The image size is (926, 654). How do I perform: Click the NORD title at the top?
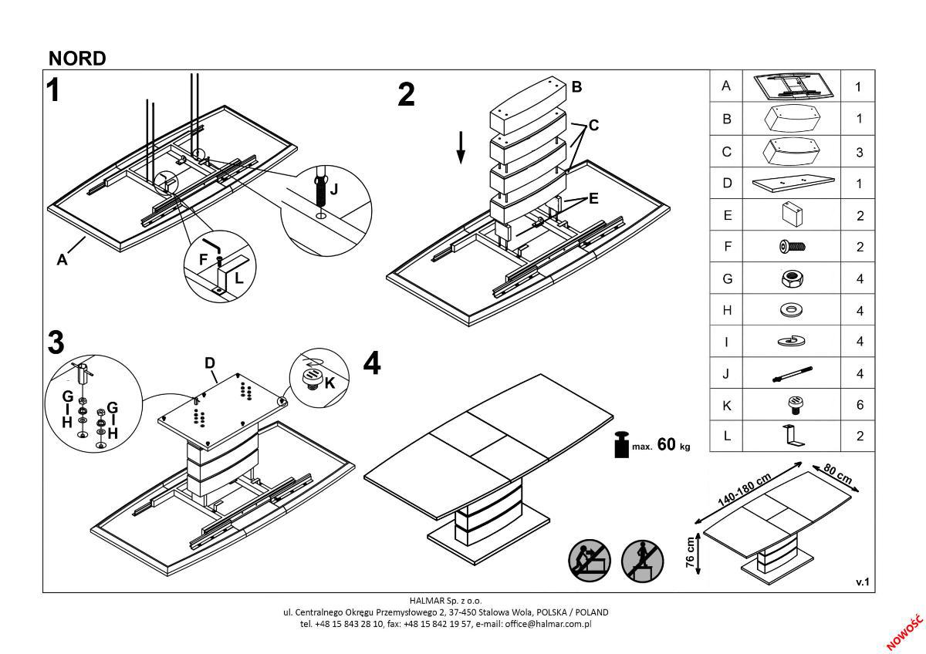pyautogui.click(x=77, y=59)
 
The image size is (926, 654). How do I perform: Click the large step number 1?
pyautogui.click(x=53, y=90)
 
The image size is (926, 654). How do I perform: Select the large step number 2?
pyautogui.click(x=406, y=95)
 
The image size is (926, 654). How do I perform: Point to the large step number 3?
pyautogui.click(x=56, y=343)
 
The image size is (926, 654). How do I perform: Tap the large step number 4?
pyautogui.click(x=372, y=363)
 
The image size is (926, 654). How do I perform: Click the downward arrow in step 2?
pyautogui.click(x=461, y=147)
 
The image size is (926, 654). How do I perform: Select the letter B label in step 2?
pyautogui.click(x=576, y=87)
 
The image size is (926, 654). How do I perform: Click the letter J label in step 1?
pyautogui.click(x=333, y=188)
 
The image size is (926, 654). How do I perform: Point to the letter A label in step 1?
pyautogui.click(x=62, y=260)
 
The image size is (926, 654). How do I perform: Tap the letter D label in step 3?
pyautogui.click(x=209, y=362)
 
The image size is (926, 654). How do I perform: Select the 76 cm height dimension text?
pyautogui.click(x=691, y=552)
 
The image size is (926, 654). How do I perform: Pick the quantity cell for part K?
pyautogui.click(x=859, y=405)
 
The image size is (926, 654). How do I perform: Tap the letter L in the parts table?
pyautogui.click(x=725, y=436)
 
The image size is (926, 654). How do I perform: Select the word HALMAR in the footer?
pyautogui.click(x=424, y=599)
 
